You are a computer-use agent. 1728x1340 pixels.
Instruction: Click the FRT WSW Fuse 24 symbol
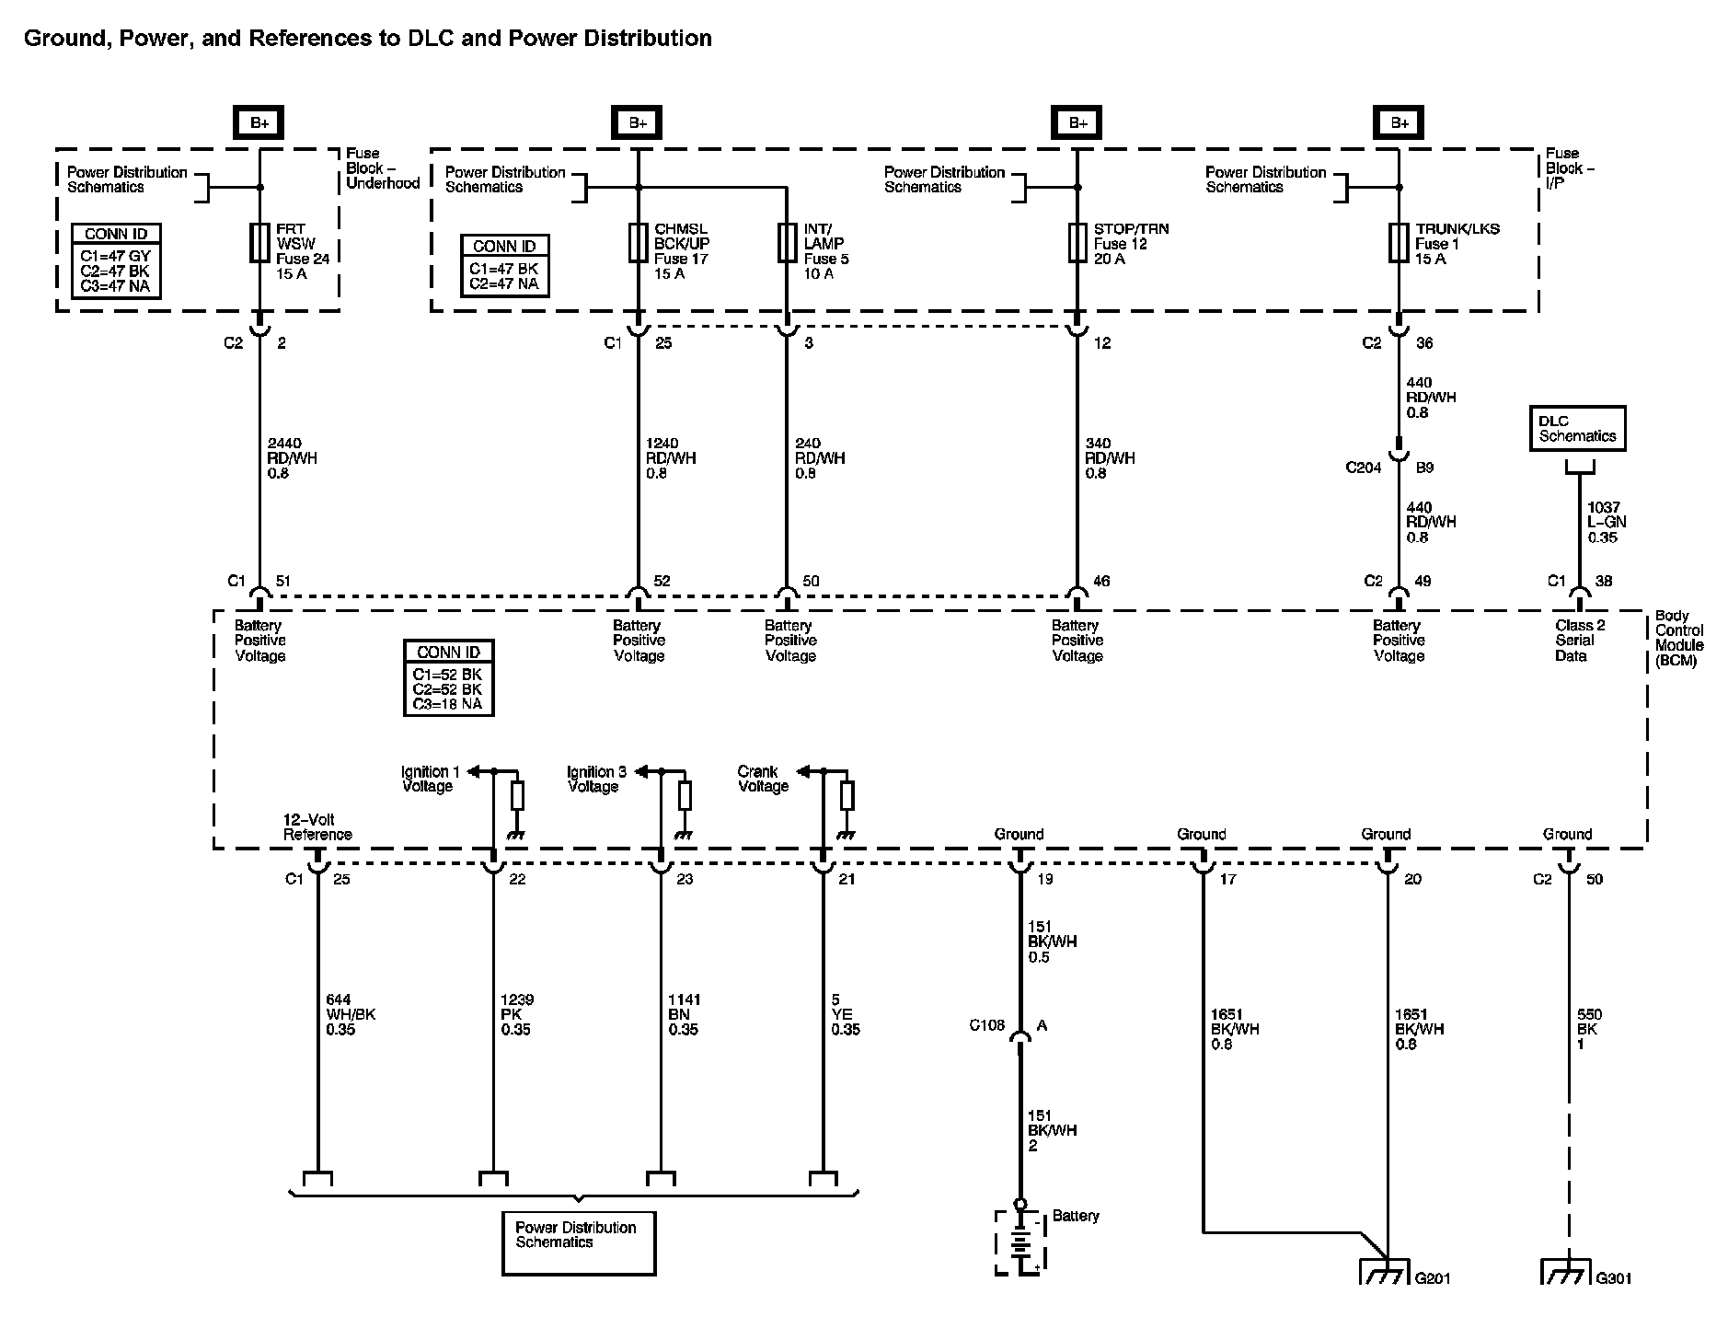point(259,244)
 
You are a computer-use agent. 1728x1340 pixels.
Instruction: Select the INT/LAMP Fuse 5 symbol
point(787,244)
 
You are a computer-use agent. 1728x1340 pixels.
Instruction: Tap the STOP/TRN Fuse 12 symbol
point(1077,244)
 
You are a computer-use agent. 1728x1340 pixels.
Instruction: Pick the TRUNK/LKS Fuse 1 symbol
point(1399,244)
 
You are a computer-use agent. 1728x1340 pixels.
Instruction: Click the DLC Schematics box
point(1577,429)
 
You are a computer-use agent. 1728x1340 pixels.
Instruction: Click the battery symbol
point(1020,1243)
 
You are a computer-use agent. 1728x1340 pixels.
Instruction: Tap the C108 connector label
point(986,1025)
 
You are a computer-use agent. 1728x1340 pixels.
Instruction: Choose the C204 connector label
point(1364,468)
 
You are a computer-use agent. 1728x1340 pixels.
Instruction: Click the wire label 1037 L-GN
point(1607,522)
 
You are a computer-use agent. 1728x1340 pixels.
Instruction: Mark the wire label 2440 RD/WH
point(292,458)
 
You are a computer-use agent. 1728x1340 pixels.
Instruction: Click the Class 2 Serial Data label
point(1579,641)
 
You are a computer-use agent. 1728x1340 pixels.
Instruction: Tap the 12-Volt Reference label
point(317,826)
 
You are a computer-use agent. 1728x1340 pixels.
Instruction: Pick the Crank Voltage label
point(763,779)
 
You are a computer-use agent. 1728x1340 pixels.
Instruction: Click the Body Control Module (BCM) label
point(1679,638)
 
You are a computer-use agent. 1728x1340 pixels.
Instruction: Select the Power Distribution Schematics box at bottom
point(578,1242)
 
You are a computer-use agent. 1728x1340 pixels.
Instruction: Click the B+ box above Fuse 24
point(259,122)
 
